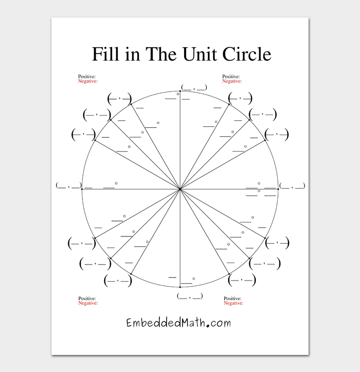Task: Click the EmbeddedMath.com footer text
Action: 178,323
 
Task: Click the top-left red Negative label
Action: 87,81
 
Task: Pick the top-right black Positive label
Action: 231,77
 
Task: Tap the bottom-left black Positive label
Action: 87,299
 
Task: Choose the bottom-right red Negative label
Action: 233,303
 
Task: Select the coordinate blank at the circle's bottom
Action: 189,296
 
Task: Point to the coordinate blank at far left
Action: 69,185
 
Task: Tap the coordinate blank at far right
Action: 292,185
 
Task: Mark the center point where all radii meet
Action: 180,189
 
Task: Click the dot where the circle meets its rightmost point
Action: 278,189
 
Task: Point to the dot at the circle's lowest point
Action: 180,287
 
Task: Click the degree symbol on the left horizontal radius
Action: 116,183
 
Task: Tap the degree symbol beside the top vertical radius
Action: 177,94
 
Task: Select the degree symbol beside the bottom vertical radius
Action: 193,278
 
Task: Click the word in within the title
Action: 132,53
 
